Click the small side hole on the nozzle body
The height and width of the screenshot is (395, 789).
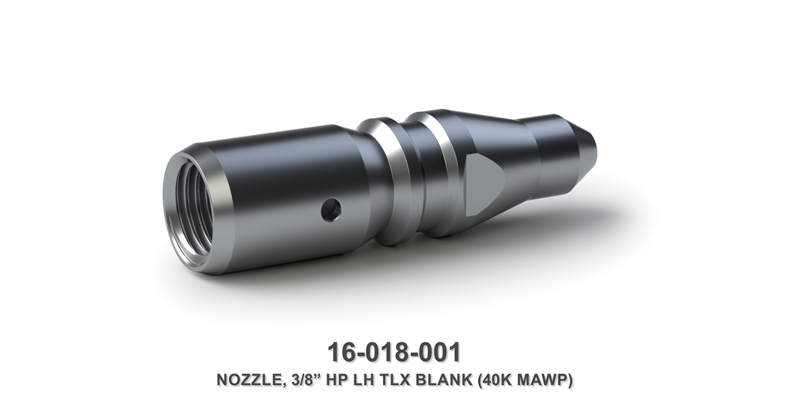click(x=331, y=208)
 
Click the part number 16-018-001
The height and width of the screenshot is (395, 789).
click(x=394, y=351)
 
